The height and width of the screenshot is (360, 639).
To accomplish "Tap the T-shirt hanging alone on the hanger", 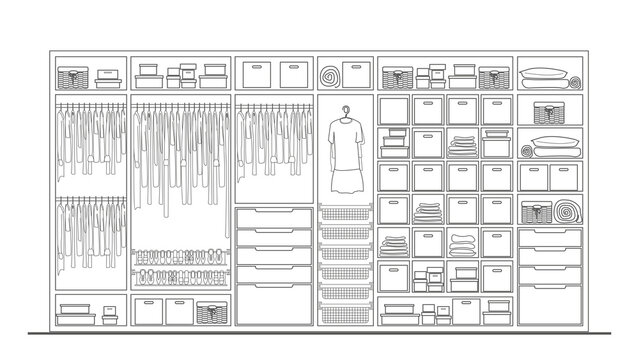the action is click(x=345, y=141).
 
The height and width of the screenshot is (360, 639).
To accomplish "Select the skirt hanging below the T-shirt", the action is click(x=345, y=180).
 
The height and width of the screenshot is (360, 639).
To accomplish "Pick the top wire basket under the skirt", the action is click(x=345, y=213).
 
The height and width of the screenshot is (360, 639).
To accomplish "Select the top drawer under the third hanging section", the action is click(x=273, y=218).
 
